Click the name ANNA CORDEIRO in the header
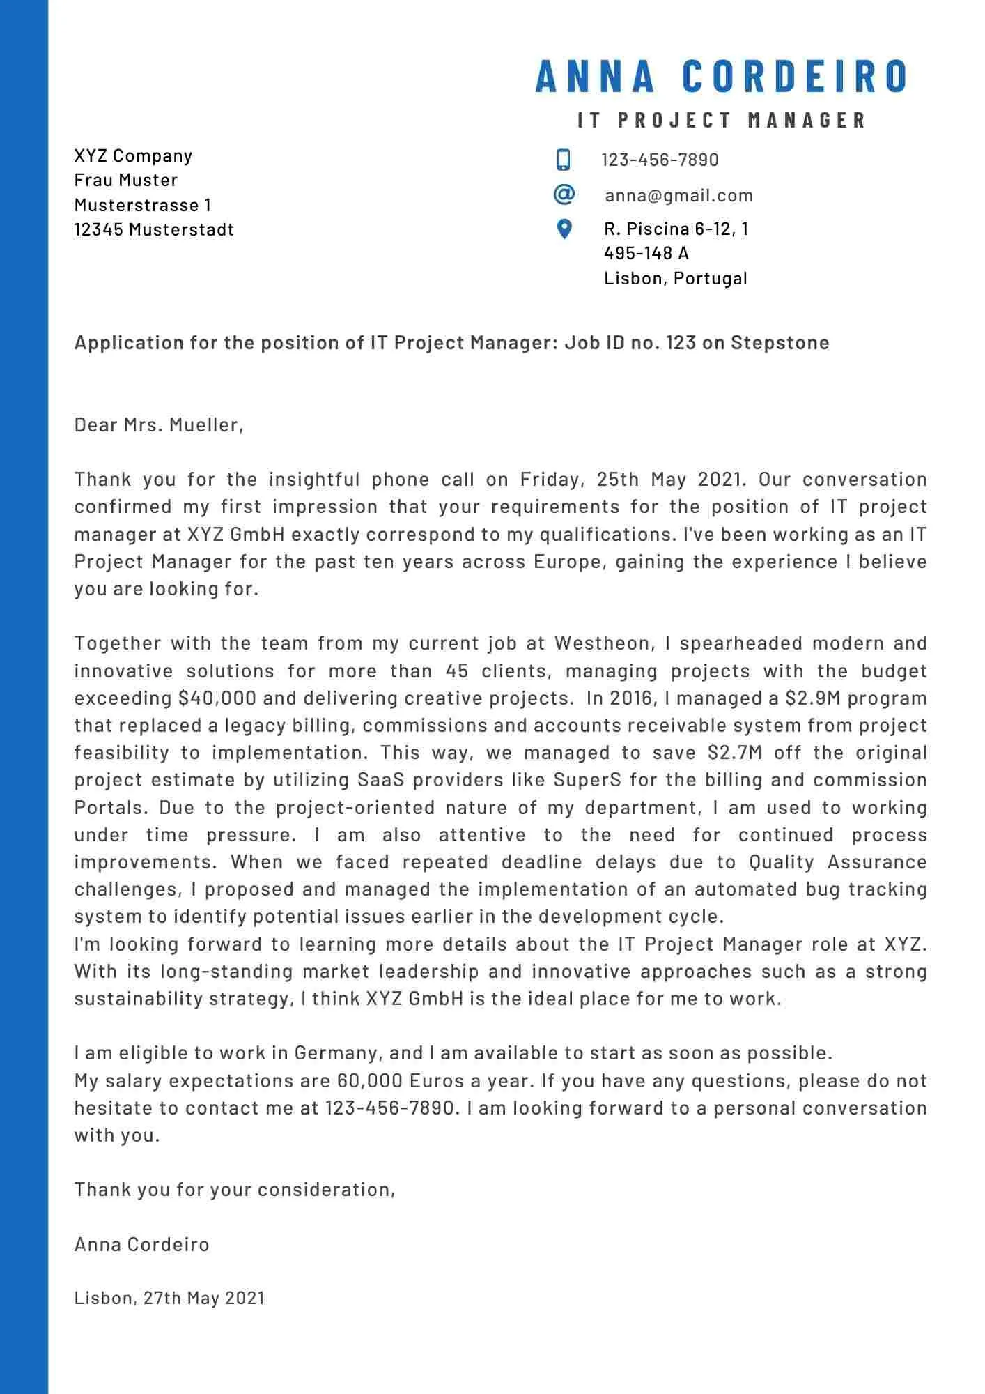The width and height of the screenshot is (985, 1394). [x=722, y=76]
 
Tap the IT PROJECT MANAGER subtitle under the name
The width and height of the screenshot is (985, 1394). [x=722, y=120]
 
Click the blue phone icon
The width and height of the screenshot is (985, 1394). [x=564, y=160]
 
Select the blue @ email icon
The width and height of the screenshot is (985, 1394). [x=564, y=194]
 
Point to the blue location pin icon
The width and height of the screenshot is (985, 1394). [x=564, y=229]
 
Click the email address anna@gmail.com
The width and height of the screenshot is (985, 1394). [x=678, y=195]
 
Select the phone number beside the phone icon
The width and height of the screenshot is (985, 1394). [x=660, y=160]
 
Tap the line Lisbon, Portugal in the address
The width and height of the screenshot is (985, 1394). [x=675, y=278]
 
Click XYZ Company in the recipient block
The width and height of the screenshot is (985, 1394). [x=133, y=155]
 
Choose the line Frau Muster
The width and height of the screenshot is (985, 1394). [x=126, y=180]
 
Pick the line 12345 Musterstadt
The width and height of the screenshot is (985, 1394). [x=154, y=229]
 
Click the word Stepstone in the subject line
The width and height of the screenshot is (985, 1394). [x=780, y=343]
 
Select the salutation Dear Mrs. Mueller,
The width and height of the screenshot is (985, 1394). [x=159, y=424]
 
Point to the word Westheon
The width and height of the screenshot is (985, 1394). [x=603, y=643]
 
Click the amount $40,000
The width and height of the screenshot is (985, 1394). [x=217, y=698]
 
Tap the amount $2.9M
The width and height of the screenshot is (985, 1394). [x=813, y=698]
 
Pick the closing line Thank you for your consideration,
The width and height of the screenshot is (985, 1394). [x=235, y=1189]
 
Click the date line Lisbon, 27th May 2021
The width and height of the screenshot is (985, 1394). [x=169, y=1297]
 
